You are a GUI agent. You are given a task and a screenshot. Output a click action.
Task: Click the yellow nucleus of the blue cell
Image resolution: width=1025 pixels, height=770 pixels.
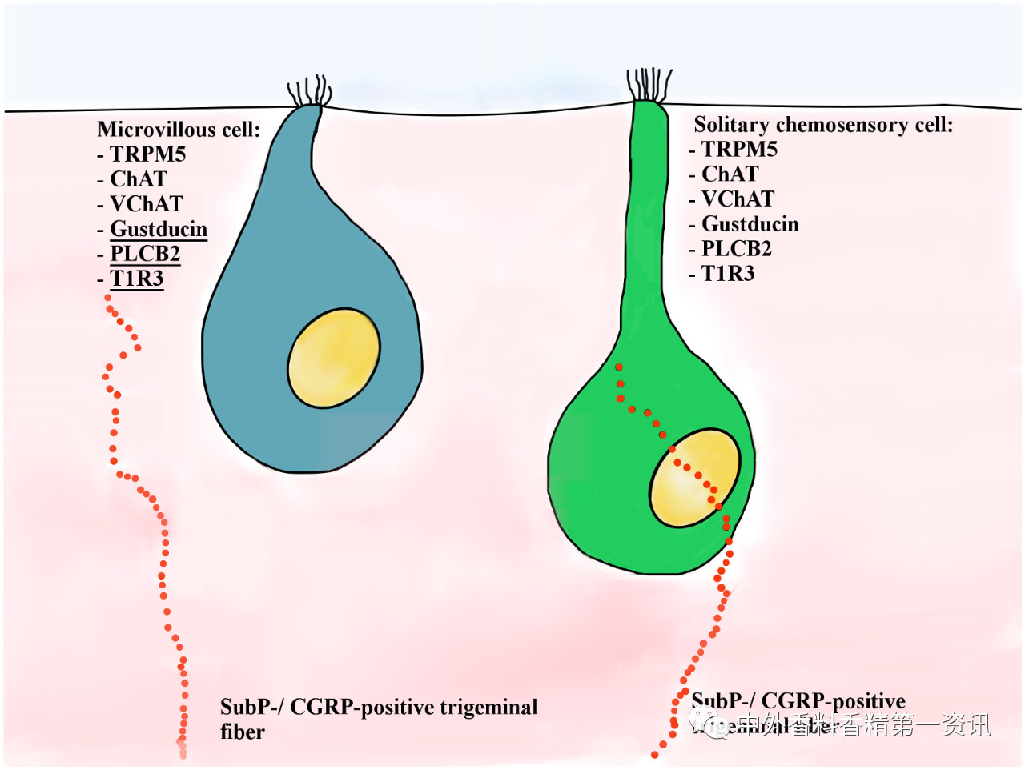(334, 359)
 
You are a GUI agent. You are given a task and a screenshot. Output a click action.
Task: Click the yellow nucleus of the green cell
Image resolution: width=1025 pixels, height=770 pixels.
(693, 478)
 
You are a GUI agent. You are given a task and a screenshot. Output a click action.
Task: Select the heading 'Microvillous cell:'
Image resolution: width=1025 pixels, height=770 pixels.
(179, 130)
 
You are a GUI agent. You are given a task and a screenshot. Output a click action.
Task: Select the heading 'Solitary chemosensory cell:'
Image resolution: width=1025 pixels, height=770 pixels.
(823, 125)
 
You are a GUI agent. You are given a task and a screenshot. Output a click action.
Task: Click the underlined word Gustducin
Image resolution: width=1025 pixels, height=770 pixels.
(159, 229)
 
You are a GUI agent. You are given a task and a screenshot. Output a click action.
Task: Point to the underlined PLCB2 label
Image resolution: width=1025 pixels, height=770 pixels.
(145, 254)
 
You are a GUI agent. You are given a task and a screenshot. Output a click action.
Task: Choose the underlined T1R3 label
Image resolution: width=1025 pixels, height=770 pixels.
(137, 279)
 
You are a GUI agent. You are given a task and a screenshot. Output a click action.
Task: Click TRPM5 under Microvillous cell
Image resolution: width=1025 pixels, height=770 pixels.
(148, 154)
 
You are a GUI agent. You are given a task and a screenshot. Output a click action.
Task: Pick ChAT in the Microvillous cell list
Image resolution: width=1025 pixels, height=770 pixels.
(139, 179)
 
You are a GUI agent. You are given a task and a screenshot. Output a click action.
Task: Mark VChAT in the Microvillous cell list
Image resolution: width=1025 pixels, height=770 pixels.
(147, 204)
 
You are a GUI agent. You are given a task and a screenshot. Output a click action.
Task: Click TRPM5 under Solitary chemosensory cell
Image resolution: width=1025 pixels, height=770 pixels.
(740, 150)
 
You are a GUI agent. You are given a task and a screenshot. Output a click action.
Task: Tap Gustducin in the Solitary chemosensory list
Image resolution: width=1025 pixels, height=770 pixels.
(750, 224)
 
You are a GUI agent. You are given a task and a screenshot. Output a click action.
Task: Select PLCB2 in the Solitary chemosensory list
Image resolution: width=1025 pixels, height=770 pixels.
(737, 249)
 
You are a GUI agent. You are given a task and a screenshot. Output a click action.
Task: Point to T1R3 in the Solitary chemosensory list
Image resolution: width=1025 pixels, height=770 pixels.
(728, 274)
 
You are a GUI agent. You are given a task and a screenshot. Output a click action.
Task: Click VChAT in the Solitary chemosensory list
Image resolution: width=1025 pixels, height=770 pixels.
(738, 199)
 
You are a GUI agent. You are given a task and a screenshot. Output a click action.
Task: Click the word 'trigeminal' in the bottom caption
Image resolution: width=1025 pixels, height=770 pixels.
(489, 708)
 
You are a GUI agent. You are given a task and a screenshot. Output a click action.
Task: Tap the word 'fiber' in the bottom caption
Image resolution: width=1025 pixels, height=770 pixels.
(243, 732)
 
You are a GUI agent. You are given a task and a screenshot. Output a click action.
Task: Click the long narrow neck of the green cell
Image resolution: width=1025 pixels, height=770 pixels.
(645, 224)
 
